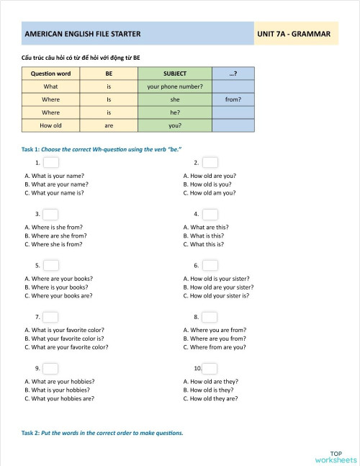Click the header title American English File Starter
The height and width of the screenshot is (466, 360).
pos(82,34)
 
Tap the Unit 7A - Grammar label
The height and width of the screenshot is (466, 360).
pos(294,34)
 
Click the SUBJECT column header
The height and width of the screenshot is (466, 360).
pos(175,73)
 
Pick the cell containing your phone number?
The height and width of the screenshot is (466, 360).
pos(175,86)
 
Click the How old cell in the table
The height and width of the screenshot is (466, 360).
pos(50,125)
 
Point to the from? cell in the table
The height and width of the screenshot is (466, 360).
pos(233,99)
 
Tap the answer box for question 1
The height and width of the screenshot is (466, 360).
pos(51,163)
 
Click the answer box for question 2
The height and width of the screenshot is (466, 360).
pos(210,163)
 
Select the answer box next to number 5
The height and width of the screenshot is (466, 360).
pos(51,266)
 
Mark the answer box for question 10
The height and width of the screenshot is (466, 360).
pos(210,368)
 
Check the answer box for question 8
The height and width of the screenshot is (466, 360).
pos(210,317)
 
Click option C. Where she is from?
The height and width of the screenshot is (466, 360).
pos(54,244)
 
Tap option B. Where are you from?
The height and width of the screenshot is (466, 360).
pos(215,338)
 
